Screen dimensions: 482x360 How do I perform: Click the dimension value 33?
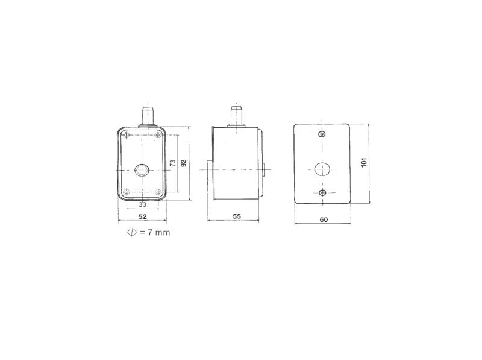142,204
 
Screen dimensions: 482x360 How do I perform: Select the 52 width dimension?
143,216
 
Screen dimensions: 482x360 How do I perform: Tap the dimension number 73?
173,163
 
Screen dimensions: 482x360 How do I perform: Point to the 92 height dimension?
184,163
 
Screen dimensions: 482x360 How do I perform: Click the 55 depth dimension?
237,216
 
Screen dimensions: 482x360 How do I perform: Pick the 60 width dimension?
324,219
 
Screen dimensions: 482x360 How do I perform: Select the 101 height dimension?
364,162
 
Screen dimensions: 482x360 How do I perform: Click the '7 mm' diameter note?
158,233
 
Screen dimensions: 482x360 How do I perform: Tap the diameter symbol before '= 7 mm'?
132,232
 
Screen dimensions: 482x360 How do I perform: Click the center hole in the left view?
142,170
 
